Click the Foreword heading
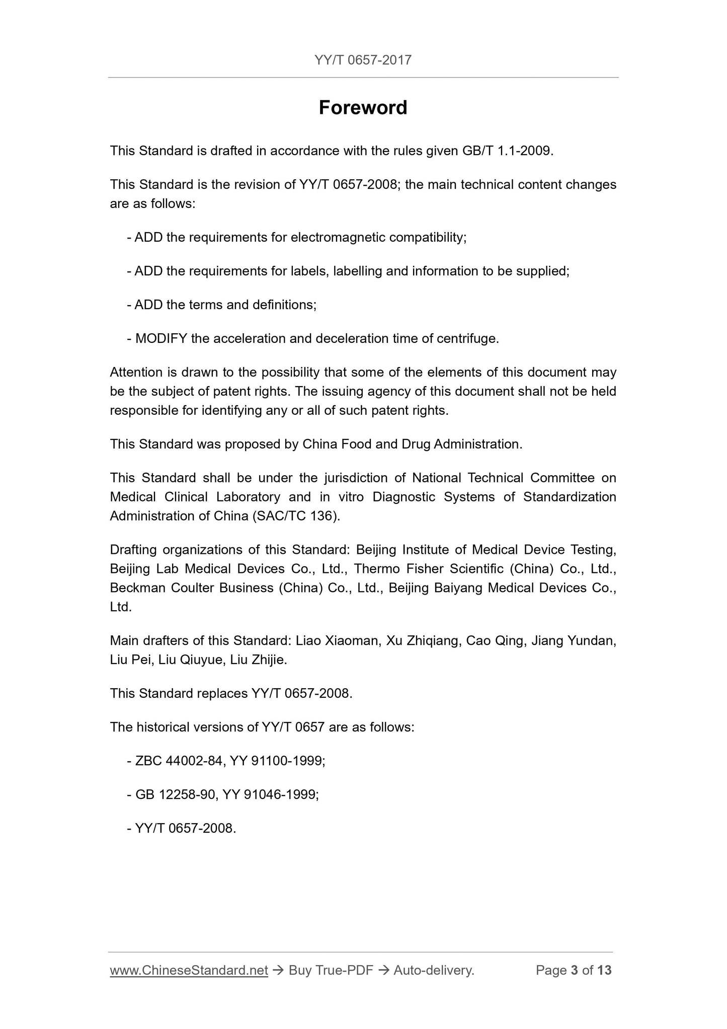point(363,108)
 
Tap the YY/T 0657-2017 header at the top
point(363,60)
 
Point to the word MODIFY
point(161,339)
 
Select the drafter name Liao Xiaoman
point(337,641)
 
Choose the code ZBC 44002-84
point(179,761)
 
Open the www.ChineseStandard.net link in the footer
point(189,970)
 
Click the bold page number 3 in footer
point(574,970)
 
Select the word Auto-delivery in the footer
point(434,970)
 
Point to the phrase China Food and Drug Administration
point(411,444)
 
